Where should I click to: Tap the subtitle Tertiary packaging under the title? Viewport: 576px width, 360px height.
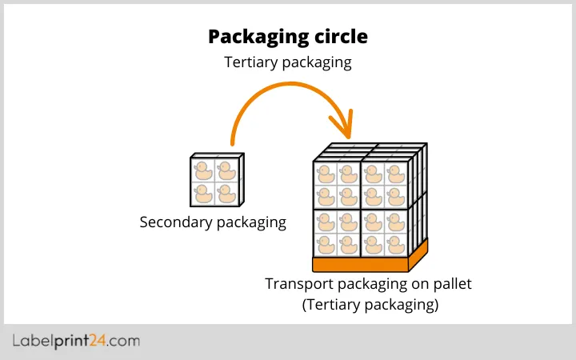coord(288,62)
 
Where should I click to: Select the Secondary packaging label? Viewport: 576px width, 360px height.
coord(213,222)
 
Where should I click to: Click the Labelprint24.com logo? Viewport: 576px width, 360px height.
coord(76,342)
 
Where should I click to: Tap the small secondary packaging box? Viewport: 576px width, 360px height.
coord(217,181)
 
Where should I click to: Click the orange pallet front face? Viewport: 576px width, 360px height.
coord(360,265)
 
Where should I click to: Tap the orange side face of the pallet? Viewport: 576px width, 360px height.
coord(418,254)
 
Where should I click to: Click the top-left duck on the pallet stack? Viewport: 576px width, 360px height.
coord(325,173)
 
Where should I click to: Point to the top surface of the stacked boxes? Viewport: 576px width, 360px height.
coord(370,152)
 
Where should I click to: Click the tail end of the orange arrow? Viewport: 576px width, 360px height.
coord(233,144)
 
